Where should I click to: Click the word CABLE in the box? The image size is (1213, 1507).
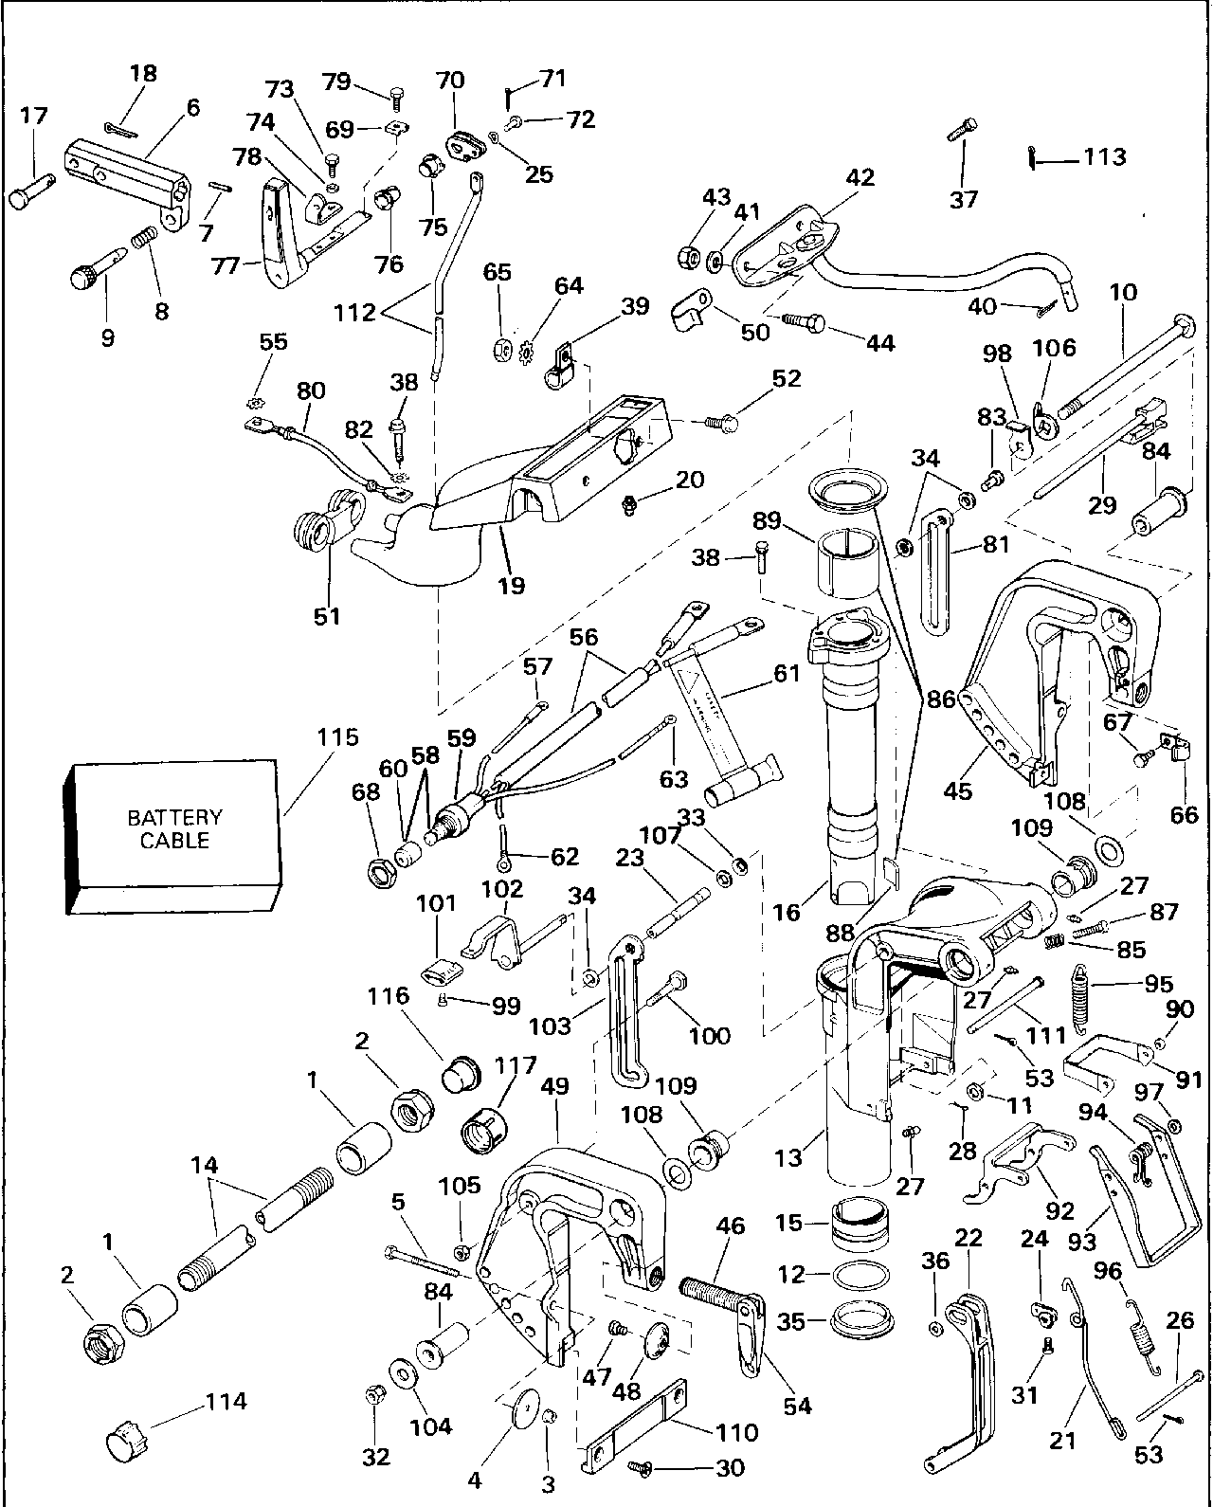[175, 841]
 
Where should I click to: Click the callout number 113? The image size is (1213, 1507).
[1105, 156]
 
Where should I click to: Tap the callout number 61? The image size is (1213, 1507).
[787, 674]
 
